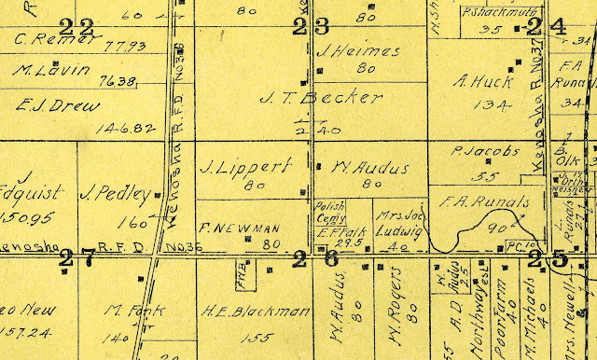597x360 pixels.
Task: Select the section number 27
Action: click(x=76, y=260)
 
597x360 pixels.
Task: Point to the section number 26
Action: click(x=317, y=258)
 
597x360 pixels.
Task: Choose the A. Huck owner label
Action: click(x=476, y=80)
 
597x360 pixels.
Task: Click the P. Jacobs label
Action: click(x=477, y=151)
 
